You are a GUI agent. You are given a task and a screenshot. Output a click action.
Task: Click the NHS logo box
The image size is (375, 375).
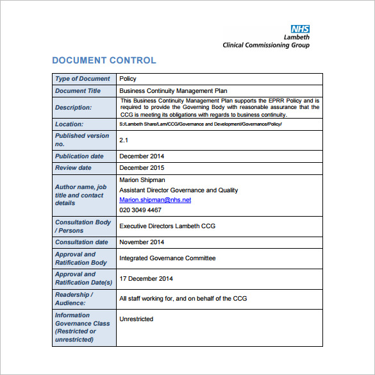pos(300,29)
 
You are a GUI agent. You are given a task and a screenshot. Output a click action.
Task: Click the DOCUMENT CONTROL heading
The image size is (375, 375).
pos(104,61)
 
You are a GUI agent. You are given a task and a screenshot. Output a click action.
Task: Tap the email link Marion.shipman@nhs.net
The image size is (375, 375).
pos(155,200)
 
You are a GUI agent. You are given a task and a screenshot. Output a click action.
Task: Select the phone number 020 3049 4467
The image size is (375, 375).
pos(140,210)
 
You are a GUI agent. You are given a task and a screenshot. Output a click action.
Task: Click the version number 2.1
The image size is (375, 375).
pos(124,140)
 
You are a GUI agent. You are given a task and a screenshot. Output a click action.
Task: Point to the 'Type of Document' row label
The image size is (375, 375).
pos(83,79)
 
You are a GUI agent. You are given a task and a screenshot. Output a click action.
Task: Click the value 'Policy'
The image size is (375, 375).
pos(128,79)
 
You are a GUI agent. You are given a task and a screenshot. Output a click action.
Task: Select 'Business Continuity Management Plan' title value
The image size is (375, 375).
pos(173,91)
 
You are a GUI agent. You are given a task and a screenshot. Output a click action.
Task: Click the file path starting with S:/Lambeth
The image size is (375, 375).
pos(200,124)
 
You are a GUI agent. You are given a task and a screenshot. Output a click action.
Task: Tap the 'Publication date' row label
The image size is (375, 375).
pos(79,156)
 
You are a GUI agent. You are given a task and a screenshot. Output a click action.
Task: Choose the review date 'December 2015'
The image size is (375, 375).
pos(142,168)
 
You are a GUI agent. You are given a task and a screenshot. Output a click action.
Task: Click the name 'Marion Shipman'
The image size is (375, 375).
pos(143,180)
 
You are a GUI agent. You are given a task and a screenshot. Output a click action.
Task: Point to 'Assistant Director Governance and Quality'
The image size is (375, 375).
pos(178,190)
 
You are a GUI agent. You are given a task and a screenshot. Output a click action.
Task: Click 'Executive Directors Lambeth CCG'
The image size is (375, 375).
pos(168,226)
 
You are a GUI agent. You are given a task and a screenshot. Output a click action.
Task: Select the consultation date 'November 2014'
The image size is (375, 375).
pos(142,242)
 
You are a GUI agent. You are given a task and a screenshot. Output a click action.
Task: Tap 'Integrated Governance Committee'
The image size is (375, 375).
pos(167,258)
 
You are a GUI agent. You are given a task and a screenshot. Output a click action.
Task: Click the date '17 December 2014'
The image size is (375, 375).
pos(147,278)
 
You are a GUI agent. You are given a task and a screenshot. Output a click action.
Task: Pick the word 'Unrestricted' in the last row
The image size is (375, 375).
pos(137,319)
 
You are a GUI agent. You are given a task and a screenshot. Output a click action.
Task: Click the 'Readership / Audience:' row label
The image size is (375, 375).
pos(74,299)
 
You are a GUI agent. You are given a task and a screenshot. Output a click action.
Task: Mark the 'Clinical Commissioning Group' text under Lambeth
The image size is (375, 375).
pos(266,45)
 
